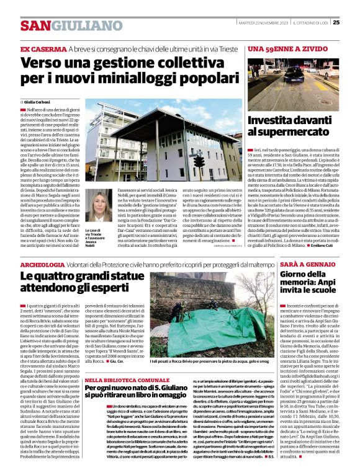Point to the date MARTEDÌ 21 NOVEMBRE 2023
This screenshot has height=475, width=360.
263,23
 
